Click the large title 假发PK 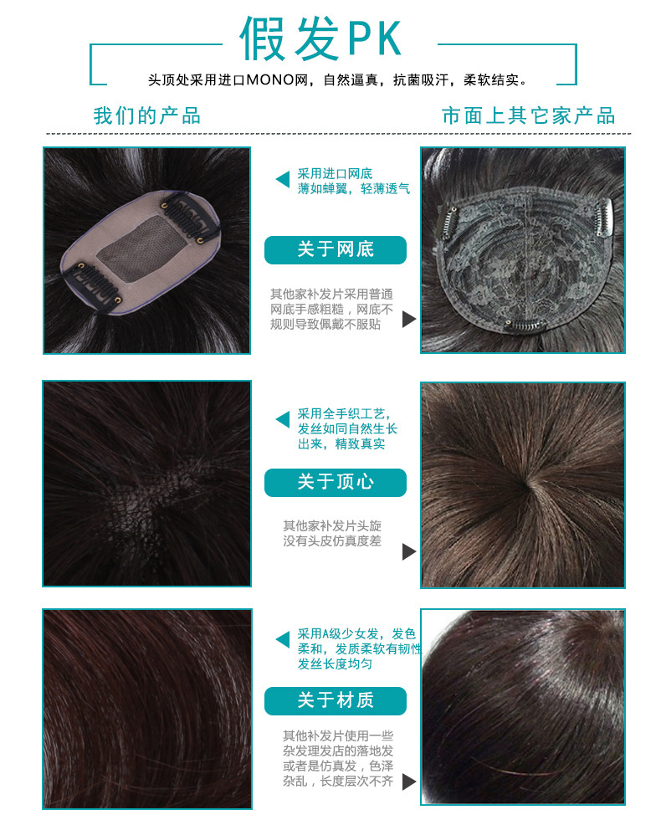point(320,38)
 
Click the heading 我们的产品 point(147,115)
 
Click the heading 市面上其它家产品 point(528,115)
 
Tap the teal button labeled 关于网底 point(336,250)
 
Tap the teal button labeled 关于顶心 point(336,482)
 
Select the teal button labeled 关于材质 point(336,701)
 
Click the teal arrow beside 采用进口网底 point(283,179)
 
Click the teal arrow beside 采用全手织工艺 point(283,419)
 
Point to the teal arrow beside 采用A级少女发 point(283,639)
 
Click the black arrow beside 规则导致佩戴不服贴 point(409,319)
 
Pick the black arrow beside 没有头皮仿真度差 point(409,551)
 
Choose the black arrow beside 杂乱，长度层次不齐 point(409,782)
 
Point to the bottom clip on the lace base point(525,325)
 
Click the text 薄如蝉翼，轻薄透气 point(353,188)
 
